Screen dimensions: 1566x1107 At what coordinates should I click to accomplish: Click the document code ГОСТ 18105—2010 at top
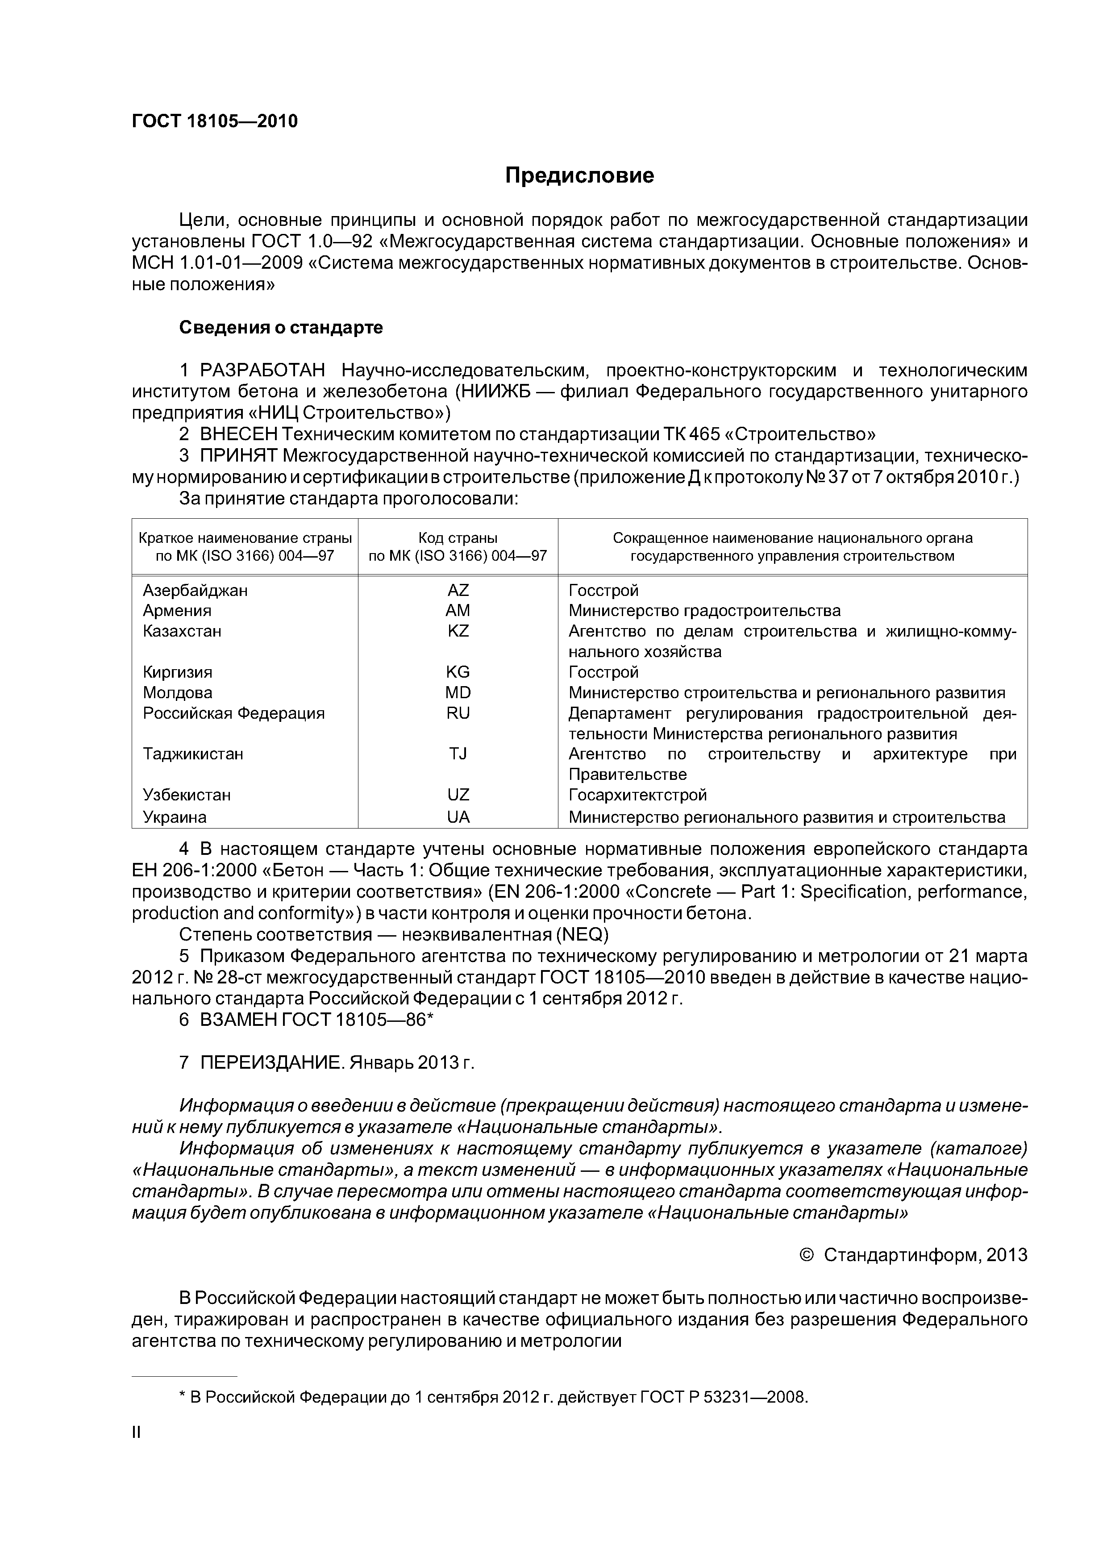(x=215, y=121)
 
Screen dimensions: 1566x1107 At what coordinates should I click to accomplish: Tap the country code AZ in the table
(x=458, y=591)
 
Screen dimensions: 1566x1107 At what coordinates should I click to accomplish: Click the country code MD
(x=458, y=693)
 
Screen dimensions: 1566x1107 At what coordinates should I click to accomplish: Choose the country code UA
(x=458, y=817)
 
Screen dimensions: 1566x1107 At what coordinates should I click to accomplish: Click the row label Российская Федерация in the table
(x=233, y=713)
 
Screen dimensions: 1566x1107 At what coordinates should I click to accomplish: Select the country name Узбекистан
(x=187, y=795)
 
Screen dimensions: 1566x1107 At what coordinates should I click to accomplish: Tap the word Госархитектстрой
(x=638, y=795)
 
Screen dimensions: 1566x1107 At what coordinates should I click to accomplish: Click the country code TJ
(x=458, y=754)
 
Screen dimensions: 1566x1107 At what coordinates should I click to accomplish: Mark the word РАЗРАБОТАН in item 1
(x=262, y=371)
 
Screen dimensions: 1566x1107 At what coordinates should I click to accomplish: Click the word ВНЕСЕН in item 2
(x=239, y=434)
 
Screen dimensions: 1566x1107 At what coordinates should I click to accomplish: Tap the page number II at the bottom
(x=137, y=1433)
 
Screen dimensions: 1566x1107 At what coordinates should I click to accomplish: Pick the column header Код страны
(x=458, y=538)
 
